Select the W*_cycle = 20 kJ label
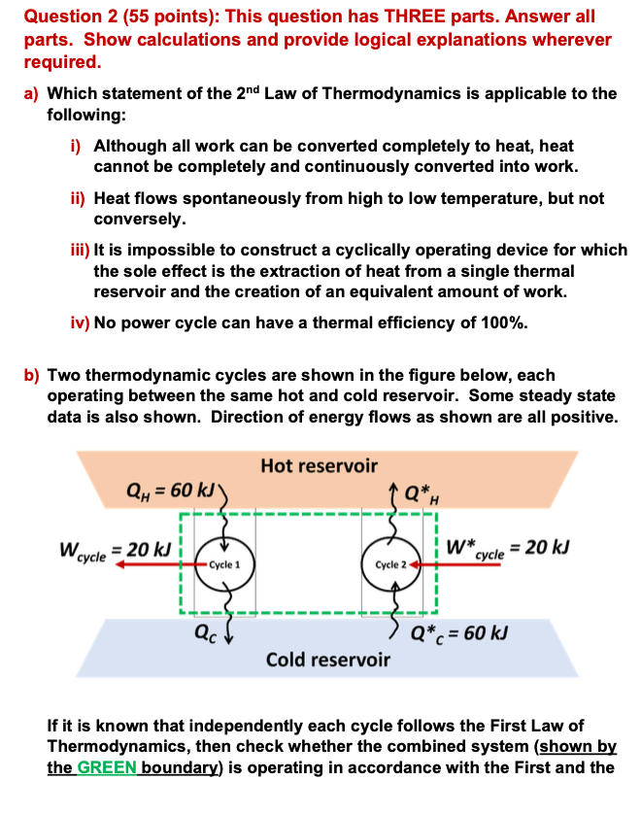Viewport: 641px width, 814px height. click(x=509, y=548)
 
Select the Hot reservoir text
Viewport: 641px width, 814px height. click(x=320, y=466)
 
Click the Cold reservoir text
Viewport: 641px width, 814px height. click(x=328, y=660)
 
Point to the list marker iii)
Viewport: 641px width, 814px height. click(x=80, y=251)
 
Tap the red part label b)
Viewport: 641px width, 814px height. click(x=31, y=375)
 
